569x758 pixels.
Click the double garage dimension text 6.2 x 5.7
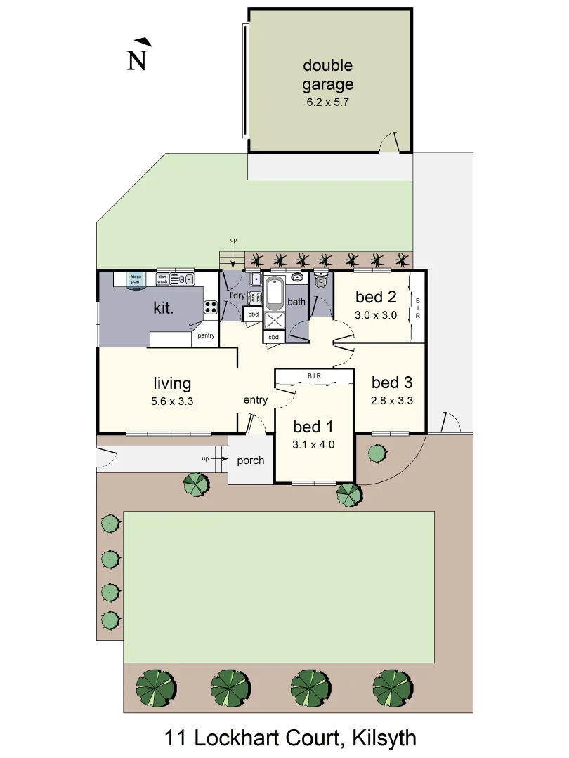[327, 102]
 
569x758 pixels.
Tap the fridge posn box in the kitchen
[136, 279]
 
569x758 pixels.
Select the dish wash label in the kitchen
[162, 279]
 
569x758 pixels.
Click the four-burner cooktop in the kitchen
[210, 307]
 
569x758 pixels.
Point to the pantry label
[206, 335]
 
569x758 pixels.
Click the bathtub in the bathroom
[274, 293]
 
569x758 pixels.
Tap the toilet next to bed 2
[321, 280]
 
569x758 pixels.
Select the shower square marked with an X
[274, 320]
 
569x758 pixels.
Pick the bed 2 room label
[376, 296]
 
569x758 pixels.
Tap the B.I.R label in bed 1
[314, 377]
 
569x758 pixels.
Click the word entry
[256, 400]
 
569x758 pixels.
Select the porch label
[251, 460]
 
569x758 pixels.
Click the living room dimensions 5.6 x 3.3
[172, 401]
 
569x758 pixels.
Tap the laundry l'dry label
[237, 295]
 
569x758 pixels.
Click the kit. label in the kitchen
[164, 308]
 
